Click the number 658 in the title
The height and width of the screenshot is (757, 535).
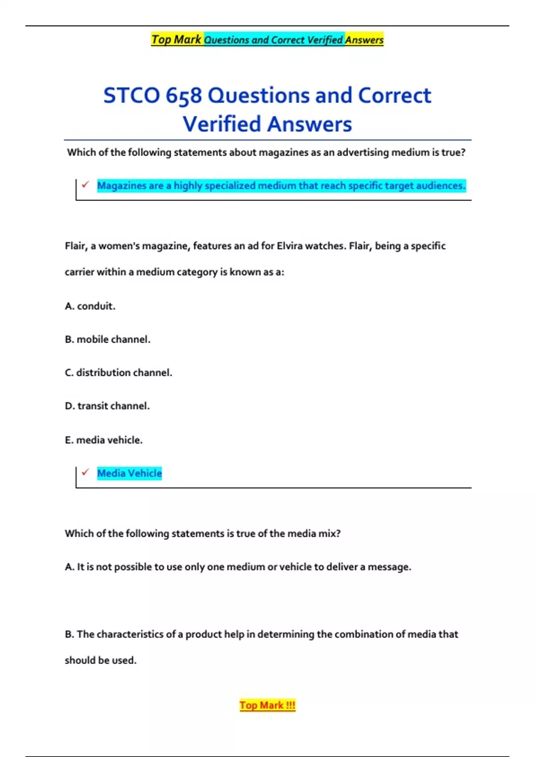click(x=184, y=96)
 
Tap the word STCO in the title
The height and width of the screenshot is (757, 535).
click(x=132, y=96)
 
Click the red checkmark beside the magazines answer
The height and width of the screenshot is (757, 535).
click(x=85, y=184)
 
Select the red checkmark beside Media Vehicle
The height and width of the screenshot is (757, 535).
click(x=85, y=472)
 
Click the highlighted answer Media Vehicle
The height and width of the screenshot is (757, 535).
click(x=129, y=473)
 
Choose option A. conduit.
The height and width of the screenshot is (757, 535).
click(x=90, y=306)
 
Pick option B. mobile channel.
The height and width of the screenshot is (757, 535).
click(x=107, y=340)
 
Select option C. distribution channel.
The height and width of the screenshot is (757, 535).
click(x=118, y=373)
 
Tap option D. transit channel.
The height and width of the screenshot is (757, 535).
click(x=107, y=406)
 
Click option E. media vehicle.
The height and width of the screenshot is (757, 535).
click(x=103, y=440)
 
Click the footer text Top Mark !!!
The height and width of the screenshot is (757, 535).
click(x=267, y=705)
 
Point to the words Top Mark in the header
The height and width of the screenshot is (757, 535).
click(x=176, y=40)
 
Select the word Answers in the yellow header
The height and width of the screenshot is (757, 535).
click(x=364, y=40)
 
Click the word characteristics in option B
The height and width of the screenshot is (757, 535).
click(x=130, y=635)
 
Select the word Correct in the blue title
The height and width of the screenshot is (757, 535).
click(x=394, y=96)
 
